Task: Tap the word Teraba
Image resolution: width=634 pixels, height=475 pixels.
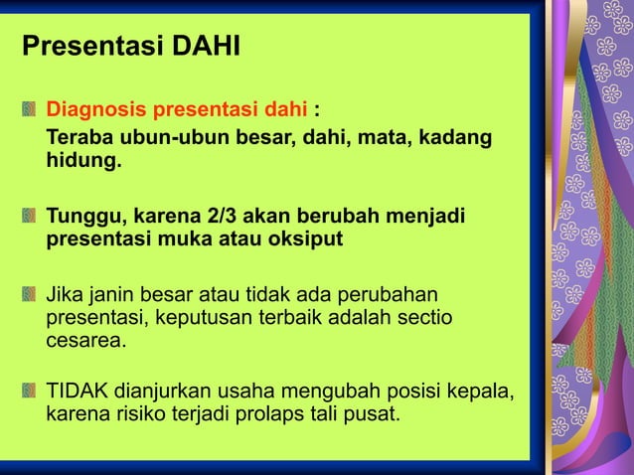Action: [82, 136]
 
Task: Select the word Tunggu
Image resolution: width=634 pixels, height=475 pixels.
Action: [82, 216]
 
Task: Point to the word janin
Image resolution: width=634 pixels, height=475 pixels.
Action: [111, 295]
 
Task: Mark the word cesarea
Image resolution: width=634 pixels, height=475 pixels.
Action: [86, 341]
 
